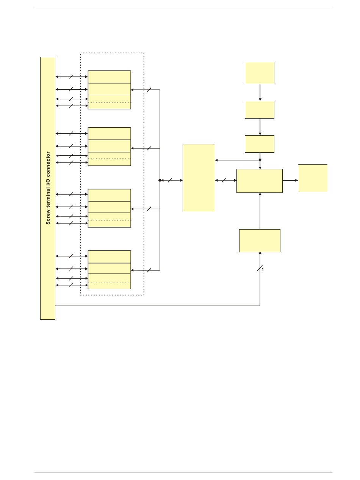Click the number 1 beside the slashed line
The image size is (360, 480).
point(263,270)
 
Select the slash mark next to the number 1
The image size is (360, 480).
point(260,269)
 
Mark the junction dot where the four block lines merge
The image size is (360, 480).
point(160,180)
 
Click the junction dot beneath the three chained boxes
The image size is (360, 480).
point(260,160)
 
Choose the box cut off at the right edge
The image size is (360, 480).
point(313,178)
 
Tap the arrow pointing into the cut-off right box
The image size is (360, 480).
point(290,180)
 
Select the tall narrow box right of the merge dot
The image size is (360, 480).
point(199,178)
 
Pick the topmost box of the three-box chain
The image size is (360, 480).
point(260,73)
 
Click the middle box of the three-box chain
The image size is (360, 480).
point(260,109)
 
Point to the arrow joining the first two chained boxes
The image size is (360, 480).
point(260,92)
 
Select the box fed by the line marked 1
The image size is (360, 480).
point(260,241)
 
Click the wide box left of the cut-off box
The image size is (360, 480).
point(260,181)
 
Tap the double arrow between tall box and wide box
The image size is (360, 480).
point(226,181)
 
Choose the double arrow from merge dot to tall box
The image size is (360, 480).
point(171,180)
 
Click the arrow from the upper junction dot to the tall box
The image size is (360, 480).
point(237,160)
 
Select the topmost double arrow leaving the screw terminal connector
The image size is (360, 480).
point(72,77)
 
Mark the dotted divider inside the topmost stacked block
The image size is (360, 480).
point(110,103)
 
